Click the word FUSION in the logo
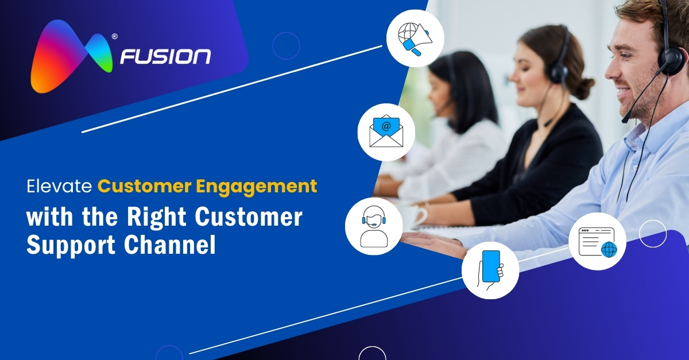tap(165, 57)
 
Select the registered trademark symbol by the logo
tap(115, 37)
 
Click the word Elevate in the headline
tap(60, 186)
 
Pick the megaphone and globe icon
tap(415, 38)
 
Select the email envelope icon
tap(386, 132)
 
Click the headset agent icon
tap(373, 226)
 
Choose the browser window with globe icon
tap(597, 241)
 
